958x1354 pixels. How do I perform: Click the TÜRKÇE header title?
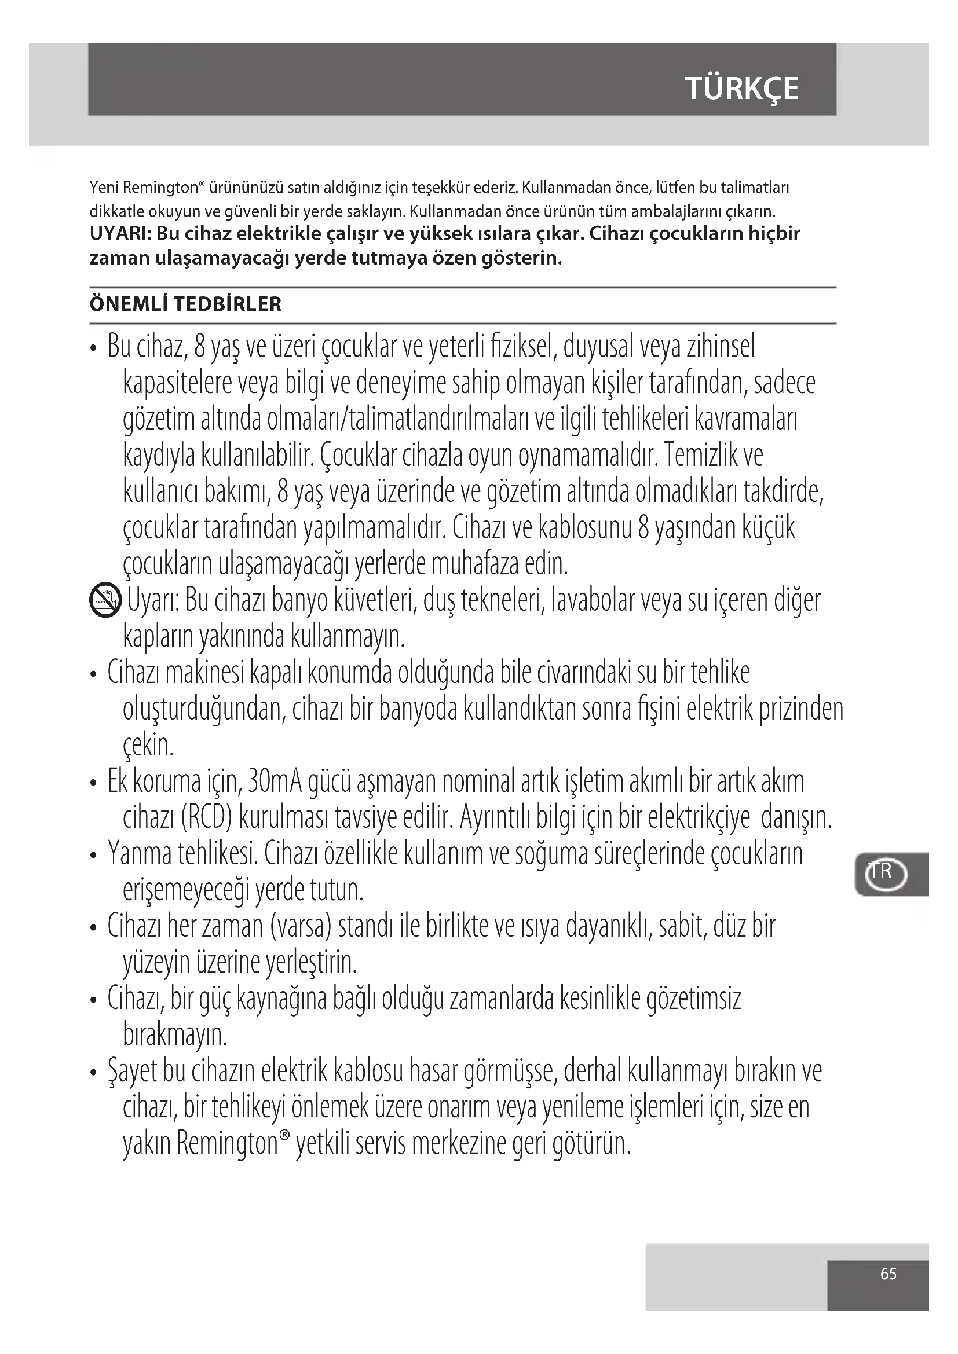[x=741, y=89]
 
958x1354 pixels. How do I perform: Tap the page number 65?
[x=888, y=1273]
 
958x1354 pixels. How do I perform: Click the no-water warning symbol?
[x=105, y=601]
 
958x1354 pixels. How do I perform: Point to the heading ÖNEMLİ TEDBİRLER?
[x=185, y=304]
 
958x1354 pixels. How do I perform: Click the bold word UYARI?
[x=120, y=233]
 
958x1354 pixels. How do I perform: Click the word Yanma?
[x=140, y=854]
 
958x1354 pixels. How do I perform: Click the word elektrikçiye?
[x=699, y=818]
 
